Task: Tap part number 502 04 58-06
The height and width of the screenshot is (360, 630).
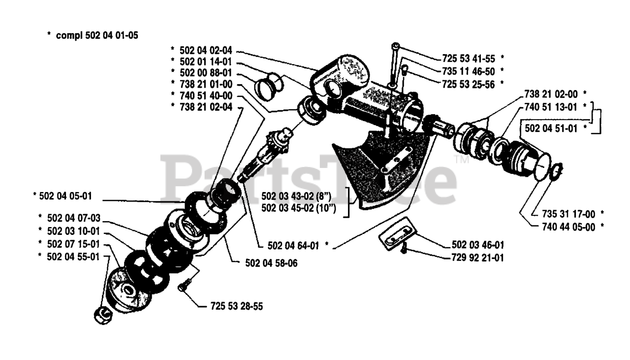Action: tap(271, 263)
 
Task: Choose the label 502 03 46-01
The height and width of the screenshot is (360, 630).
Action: tap(478, 244)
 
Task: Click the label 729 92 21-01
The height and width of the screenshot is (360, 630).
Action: tap(478, 257)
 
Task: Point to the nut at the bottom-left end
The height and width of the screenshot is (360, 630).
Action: tap(100, 315)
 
